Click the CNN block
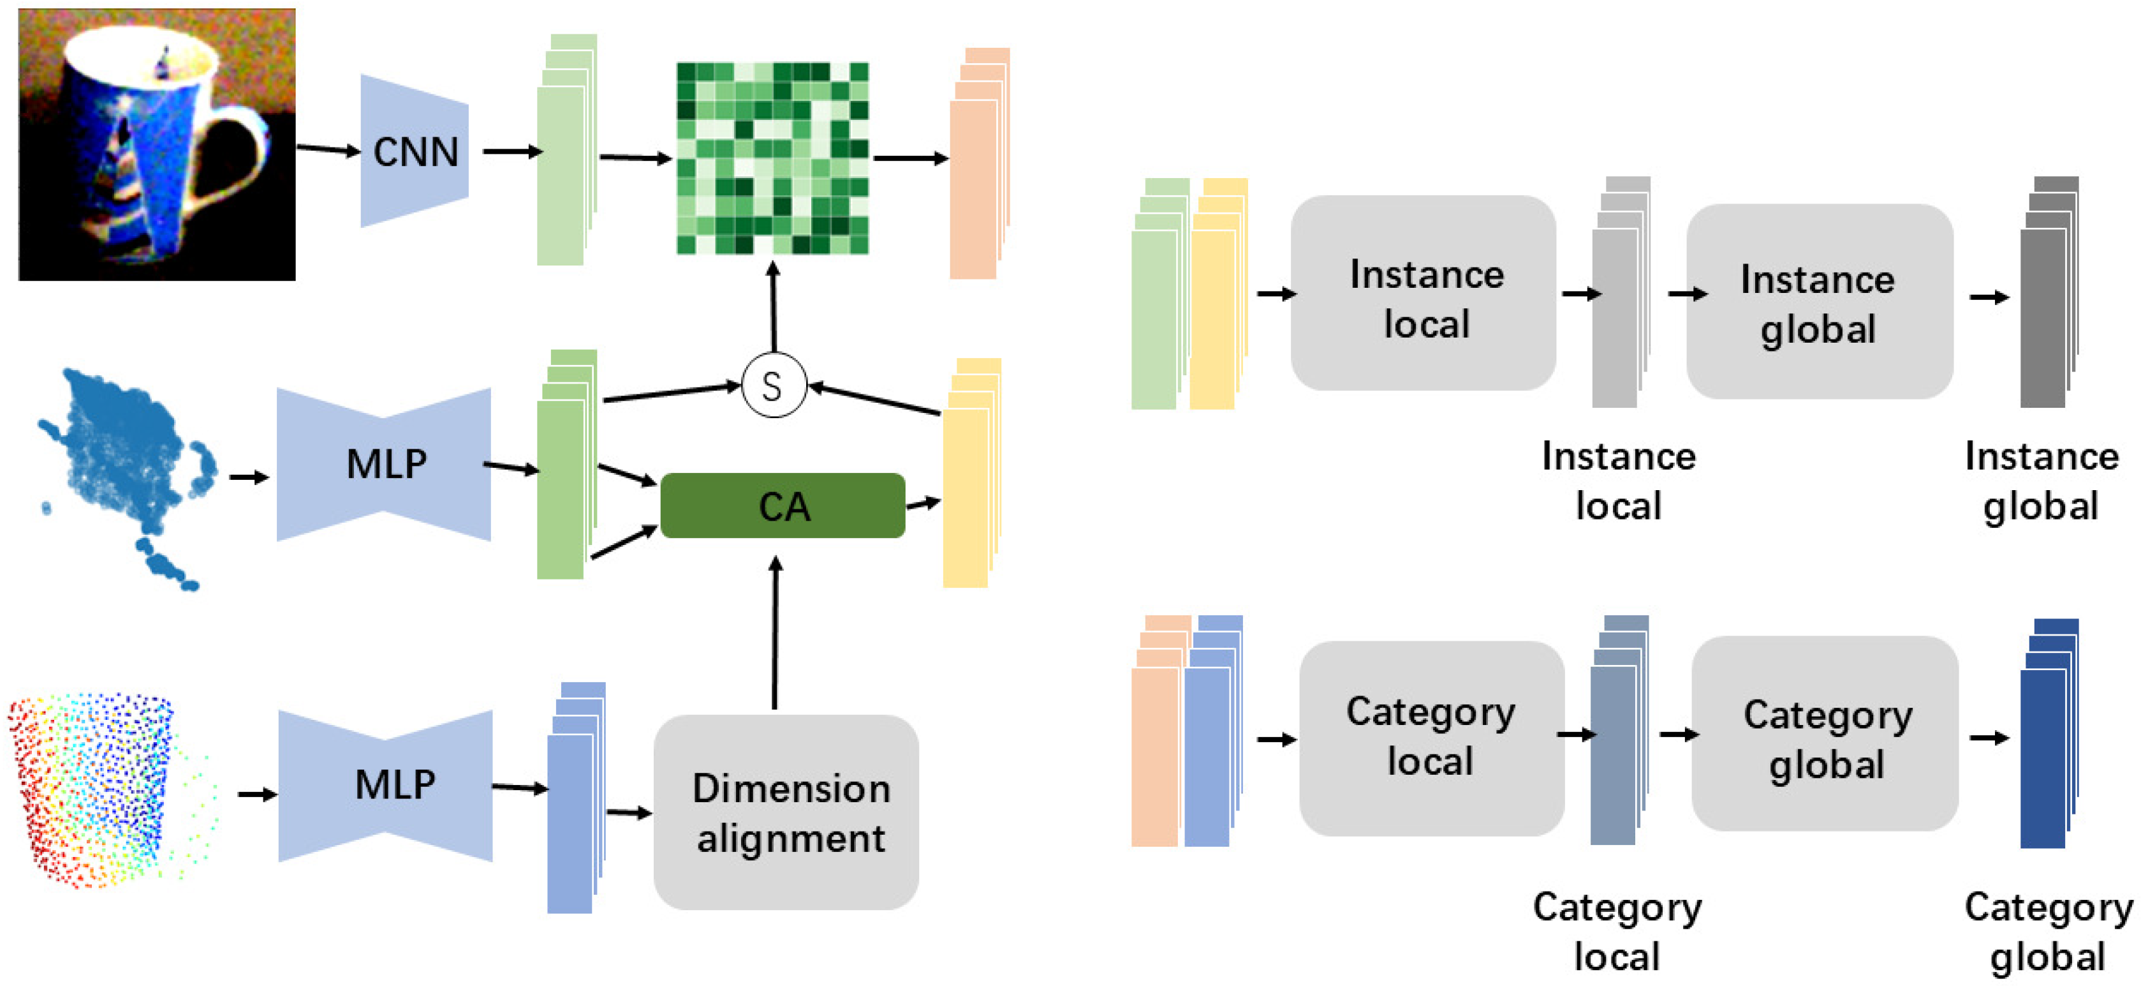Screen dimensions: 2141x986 pyautogui.click(x=414, y=151)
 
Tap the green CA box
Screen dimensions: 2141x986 pyautogui.click(x=782, y=505)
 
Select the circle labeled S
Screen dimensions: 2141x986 pyautogui.click(x=773, y=385)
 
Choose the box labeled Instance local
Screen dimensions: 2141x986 pyautogui.click(x=1423, y=293)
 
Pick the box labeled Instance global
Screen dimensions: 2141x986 pyautogui.click(x=1820, y=301)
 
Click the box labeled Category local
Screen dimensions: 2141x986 pyautogui.click(x=1431, y=738)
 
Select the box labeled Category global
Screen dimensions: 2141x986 pyautogui.click(x=1825, y=733)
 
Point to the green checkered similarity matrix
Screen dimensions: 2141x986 pyautogui.click(x=773, y=158)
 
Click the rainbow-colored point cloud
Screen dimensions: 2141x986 pyautogui.click(x=112, y=790)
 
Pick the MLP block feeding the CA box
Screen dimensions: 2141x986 pyautogui.click(x=384, y=464)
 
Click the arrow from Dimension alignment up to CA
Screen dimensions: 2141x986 pyautogui.click(x=775, y=632)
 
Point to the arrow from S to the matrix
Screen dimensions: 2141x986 pyautogui.click(x=773, y=307)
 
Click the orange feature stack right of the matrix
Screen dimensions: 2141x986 pyautogui.click(x=980, y=163)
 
